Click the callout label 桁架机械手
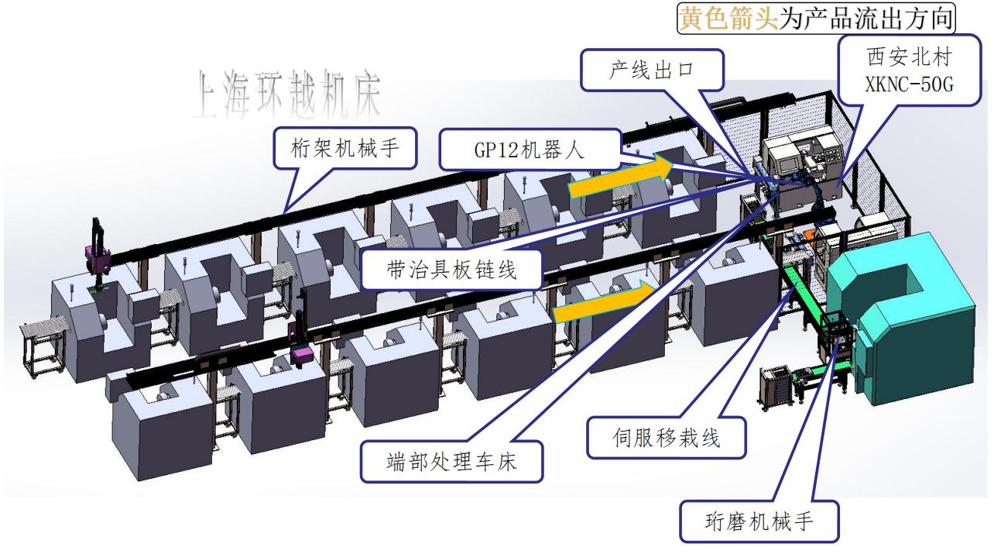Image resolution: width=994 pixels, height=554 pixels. click(x=346, y=146)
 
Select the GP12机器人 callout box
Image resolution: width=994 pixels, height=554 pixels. click(x=529, y=150)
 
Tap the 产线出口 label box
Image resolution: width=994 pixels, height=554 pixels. click(x=652, y=71)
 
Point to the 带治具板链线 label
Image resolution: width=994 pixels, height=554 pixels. click(x=451, y=269)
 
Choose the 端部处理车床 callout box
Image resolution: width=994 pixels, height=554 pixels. click(x=451, y=462)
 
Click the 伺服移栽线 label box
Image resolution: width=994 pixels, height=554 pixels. click(x=667, y=439)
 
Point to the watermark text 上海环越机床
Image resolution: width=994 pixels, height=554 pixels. click(x=288, y=95)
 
